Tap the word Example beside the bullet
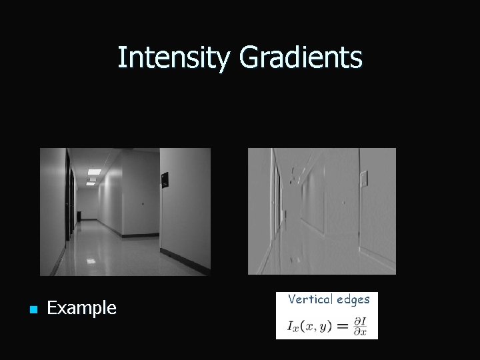pos(81,308)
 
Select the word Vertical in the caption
pos(310,299)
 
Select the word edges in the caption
pos(353,299)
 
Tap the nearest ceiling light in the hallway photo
pos(93,172)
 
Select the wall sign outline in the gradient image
pos(363,179)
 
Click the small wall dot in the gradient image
pos(342,202)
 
